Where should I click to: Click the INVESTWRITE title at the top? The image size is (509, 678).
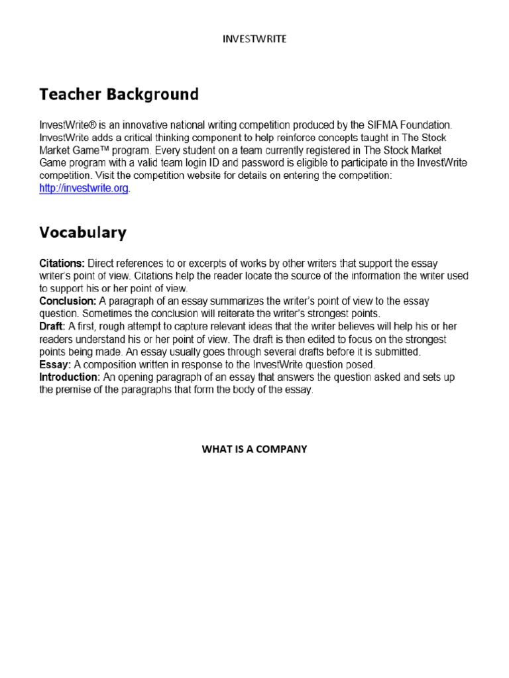[254, 40]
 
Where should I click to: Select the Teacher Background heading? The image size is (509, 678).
[119, 95]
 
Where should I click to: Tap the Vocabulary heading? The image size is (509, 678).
[82, 232]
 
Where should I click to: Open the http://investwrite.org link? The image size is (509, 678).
[84, 189]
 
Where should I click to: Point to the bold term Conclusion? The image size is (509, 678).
[68, 301]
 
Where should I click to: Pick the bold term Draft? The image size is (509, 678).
[50, 327]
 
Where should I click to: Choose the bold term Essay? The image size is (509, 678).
[53, 365]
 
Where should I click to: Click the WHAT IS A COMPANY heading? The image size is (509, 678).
[254, 449]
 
